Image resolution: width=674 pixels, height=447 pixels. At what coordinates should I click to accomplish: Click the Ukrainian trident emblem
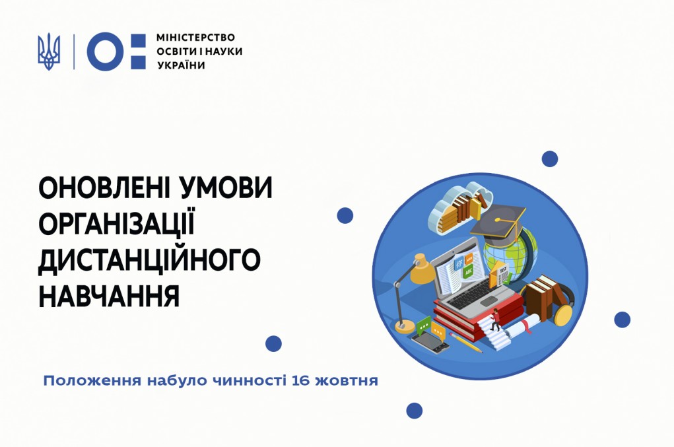tap(49, 52)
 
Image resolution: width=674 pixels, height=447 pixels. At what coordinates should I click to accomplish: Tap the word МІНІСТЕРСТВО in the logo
tap(195, 38)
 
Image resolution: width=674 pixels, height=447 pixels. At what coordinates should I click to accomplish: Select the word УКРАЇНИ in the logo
tap(180, 65)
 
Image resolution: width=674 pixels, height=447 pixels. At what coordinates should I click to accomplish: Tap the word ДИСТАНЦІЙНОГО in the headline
tap(150, 259)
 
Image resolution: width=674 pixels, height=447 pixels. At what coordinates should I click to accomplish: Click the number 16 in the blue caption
tap(300, 381)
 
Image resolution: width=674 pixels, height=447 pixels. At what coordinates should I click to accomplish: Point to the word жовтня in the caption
tap(347, 381)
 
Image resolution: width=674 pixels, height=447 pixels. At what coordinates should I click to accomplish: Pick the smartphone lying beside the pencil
tap(430, 343)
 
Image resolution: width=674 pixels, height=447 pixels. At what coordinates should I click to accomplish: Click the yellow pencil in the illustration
tap(465, 342)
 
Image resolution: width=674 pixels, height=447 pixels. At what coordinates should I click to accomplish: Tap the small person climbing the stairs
tap(496, 320)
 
